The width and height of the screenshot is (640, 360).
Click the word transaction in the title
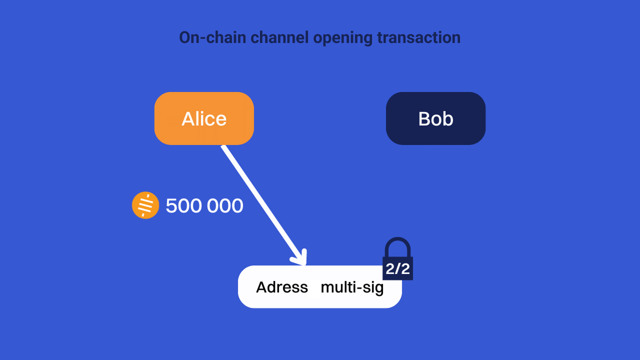pos(419,37)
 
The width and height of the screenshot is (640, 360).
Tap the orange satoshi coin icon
pos(145,205)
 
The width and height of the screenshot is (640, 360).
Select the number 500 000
pos(204,206)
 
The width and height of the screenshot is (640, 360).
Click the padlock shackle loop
pos(397,246)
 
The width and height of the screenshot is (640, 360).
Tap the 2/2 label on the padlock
pos(397,269)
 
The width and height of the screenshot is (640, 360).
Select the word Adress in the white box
pos(282,287)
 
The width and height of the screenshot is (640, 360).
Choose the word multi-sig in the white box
pos(352,287)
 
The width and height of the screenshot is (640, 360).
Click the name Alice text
pos(204,119)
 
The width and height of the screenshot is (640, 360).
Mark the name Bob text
pos(435,119)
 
